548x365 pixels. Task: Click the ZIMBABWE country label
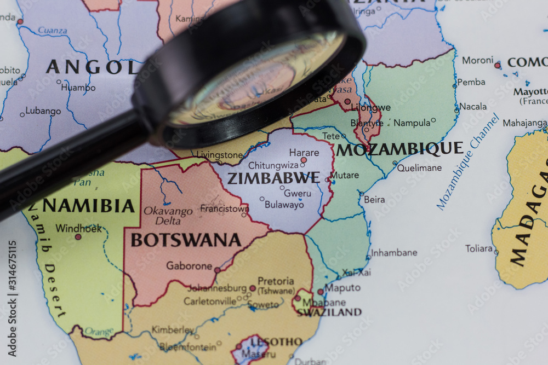[273, 178]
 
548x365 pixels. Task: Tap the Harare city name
[289, 152]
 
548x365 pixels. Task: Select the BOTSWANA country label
[186, 240]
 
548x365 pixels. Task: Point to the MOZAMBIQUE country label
[399, 149]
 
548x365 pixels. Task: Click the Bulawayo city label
[284, 205]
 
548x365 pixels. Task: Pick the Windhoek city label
[78, 228]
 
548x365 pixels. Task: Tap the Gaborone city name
[189, 266]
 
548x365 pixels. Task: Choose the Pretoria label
[276, 281]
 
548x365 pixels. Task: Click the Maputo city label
[342, 287]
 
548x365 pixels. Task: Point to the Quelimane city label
[419, 168]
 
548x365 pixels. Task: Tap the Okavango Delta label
[168, 216]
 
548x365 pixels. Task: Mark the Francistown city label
[224, 208]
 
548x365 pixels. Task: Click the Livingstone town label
[219, 155]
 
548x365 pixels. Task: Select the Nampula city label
[412, 123]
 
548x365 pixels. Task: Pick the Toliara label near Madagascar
[479, 248]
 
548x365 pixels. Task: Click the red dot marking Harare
[304, 160]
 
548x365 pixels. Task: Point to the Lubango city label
[43, 111]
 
